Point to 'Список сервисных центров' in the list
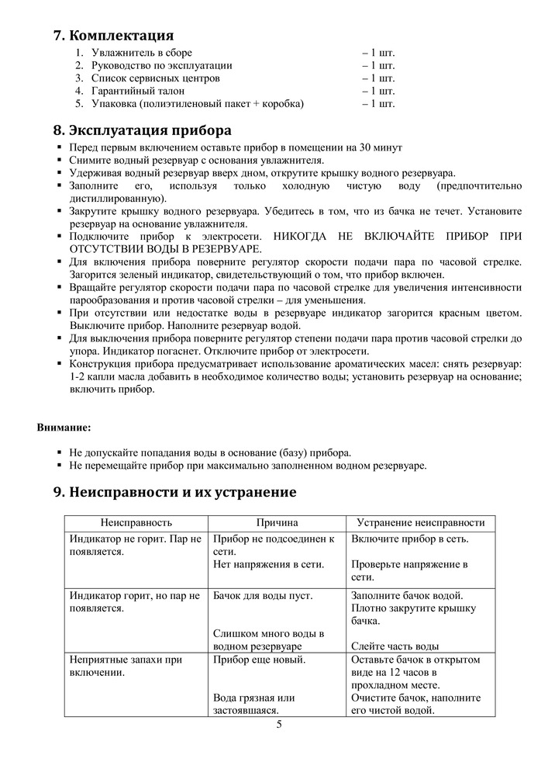[155, 78]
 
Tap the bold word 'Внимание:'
[64, 427]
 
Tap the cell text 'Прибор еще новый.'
[259, 660]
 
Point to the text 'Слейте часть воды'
[395, 646]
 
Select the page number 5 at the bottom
[279, 725]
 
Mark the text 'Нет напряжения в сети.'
[268, 564]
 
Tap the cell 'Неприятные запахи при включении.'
[126, 666]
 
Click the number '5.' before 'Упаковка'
[79, 103]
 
